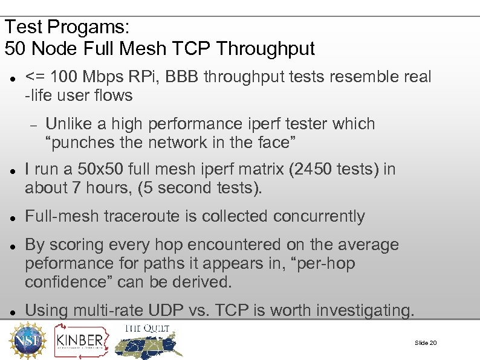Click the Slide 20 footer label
pyautogui.click(x=426, y=343)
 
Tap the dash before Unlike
pyautogui.click(x=34, y=125)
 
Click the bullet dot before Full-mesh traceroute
pyautogui.click(x=13, y=217)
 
